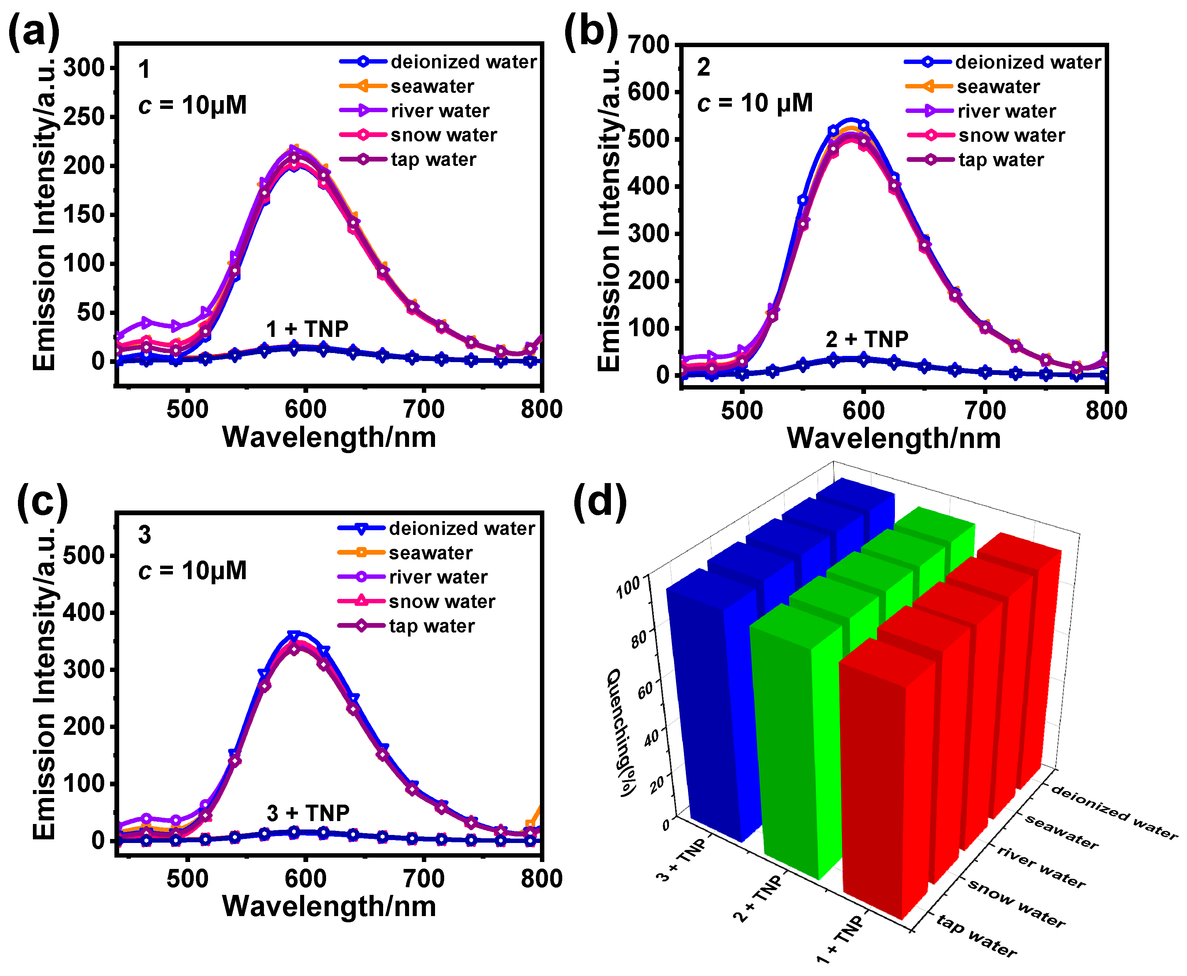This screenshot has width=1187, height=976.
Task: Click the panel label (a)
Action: (x=34, y=31)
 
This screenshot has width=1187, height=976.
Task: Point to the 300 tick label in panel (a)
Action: (x=84, y=68)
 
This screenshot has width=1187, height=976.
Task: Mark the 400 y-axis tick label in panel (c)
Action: (x=84, y=613)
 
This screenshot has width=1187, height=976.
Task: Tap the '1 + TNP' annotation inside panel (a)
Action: (x=307, y=329)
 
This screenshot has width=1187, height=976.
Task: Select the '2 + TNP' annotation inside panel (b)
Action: (x=867, y=339)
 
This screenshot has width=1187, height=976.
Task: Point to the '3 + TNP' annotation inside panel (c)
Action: (x=308, y=813)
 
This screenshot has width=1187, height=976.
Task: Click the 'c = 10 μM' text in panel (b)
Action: (x=755, y=103)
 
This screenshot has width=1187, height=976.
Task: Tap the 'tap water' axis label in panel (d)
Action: (x=976, y=935)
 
